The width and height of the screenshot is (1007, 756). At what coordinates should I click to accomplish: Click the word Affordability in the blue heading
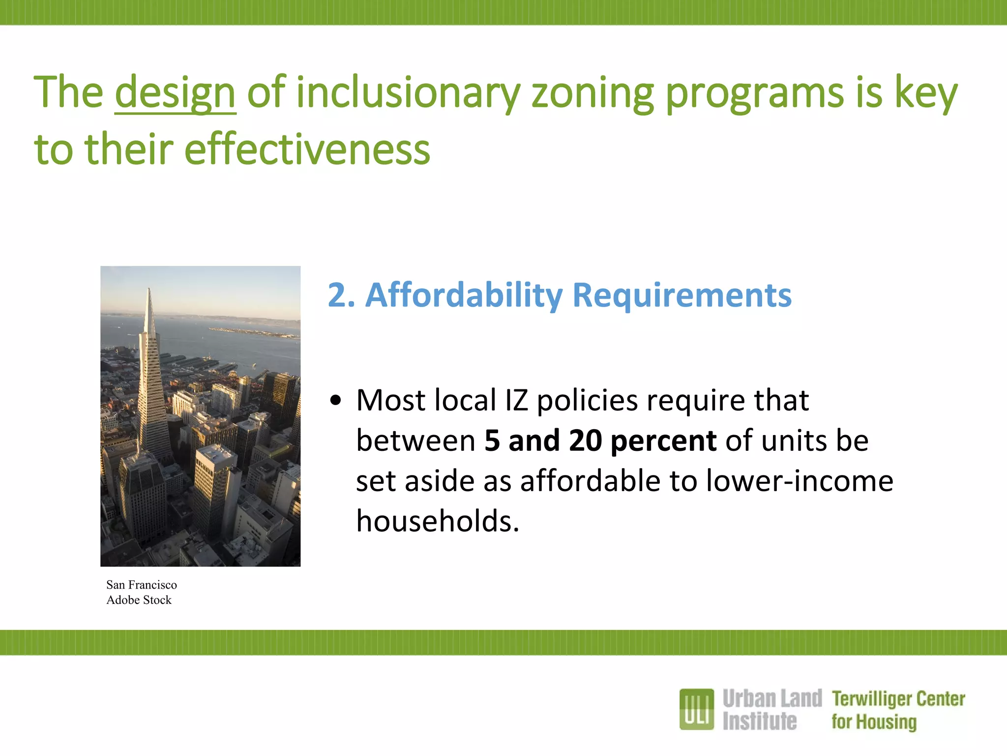464,295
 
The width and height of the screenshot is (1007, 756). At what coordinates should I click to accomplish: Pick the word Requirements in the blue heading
682,295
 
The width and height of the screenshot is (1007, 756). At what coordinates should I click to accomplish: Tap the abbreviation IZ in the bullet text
516,400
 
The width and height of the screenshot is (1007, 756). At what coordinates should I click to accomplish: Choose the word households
437,521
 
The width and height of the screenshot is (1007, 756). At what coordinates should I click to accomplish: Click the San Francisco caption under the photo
142,585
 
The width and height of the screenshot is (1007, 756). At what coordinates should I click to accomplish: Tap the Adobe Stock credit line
139,600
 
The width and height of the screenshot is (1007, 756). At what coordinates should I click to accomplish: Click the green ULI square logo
696,709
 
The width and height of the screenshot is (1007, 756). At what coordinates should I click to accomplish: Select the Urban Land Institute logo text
771,710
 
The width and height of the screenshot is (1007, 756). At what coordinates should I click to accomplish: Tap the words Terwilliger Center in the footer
898,699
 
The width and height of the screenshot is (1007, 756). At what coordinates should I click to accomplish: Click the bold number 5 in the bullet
492,441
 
